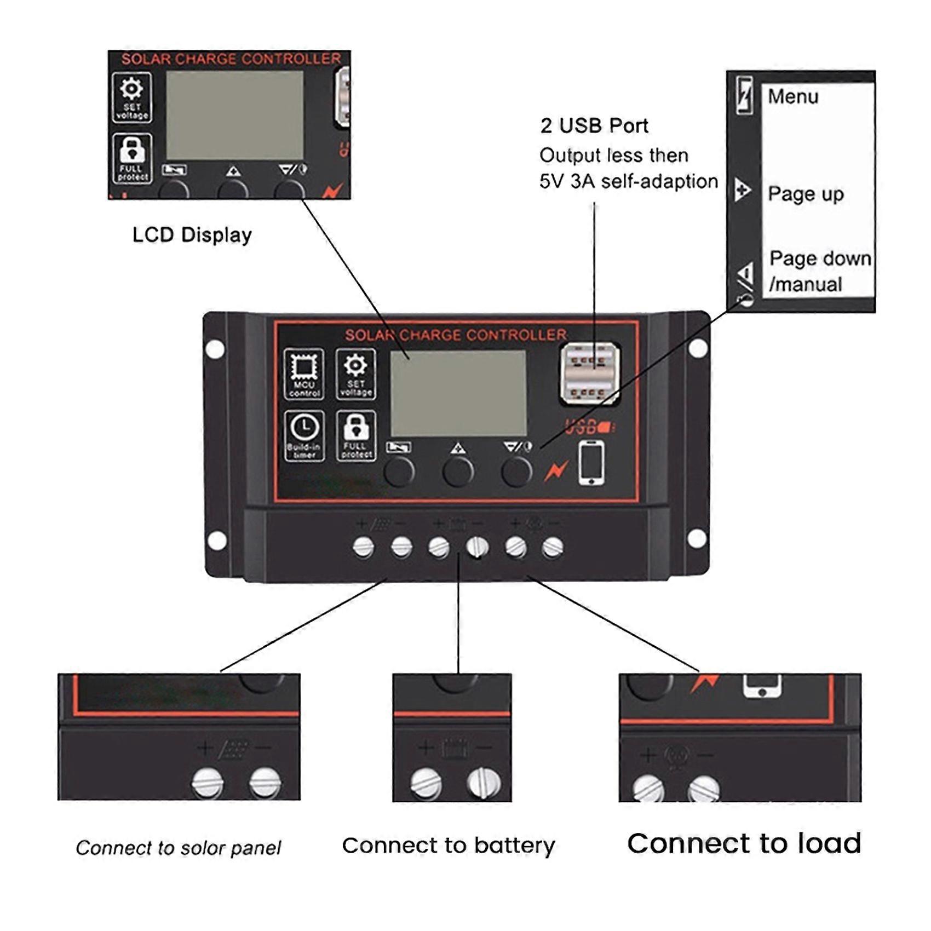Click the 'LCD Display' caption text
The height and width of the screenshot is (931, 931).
192,235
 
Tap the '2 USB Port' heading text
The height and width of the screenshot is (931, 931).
594,126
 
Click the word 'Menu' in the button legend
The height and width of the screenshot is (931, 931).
792,97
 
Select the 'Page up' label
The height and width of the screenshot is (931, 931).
805,194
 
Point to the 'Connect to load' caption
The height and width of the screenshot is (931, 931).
744,843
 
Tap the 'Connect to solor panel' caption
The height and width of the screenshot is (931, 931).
178,848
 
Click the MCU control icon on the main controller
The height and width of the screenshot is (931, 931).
304,373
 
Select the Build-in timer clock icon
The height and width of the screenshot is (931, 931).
304,435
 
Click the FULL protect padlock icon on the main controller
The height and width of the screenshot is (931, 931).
356,435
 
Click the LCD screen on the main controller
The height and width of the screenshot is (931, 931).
458,393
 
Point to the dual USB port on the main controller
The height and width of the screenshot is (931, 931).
589,373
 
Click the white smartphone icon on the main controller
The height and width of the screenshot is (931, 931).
591,463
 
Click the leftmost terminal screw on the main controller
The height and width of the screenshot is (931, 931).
364,547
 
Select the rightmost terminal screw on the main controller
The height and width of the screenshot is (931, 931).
552,547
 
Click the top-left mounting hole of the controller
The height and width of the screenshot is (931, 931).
215,349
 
